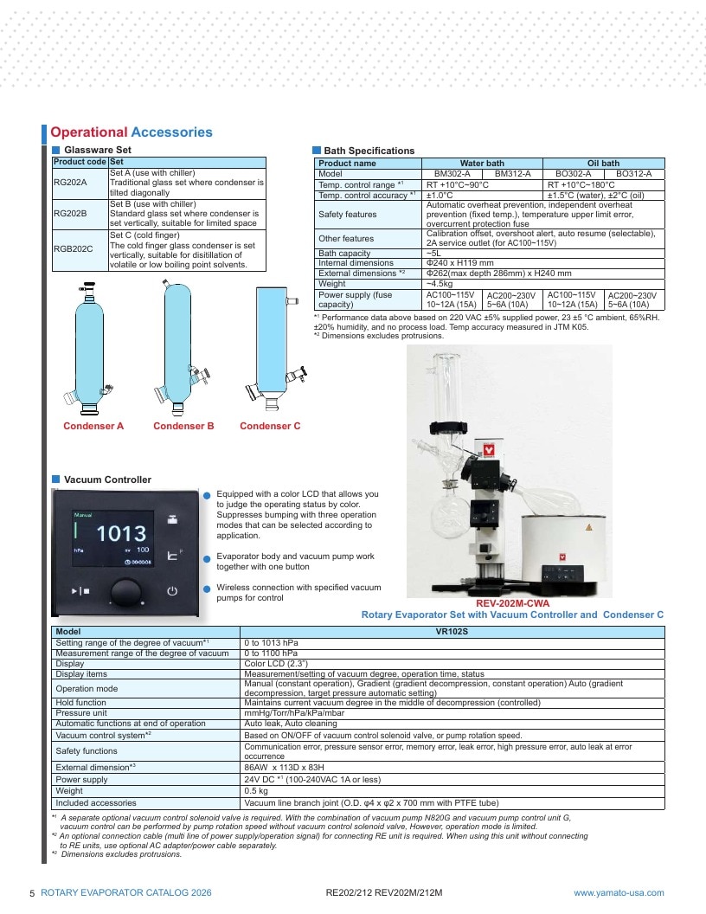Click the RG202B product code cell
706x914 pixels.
click(80, 214)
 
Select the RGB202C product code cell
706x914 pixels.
click(80, 250)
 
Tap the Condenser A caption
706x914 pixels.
click(93, 426)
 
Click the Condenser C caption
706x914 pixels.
click(270, 426)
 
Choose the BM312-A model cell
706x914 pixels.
click(512, 174)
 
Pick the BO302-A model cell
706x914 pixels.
click(573, 174)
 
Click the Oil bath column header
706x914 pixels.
click(604, 164)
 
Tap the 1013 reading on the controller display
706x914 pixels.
click(121, 533)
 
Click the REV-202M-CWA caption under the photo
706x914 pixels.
click(512, 603)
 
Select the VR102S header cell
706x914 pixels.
click(452, 632)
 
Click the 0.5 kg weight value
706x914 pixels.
click(256, 791)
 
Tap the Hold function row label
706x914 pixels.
click(81, 703)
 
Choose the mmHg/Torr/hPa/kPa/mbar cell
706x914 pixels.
click(294, 713)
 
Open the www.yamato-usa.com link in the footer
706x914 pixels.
click(619, 893)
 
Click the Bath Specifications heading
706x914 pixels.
click(369, 151)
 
